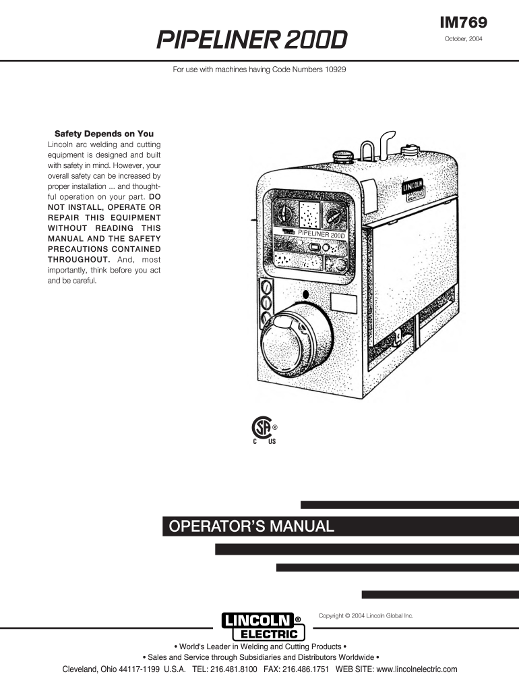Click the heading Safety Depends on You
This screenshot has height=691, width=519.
pyautogui.click(x=104, y=134)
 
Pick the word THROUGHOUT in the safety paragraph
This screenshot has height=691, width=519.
pyautogui.click(x=78, y=258)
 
